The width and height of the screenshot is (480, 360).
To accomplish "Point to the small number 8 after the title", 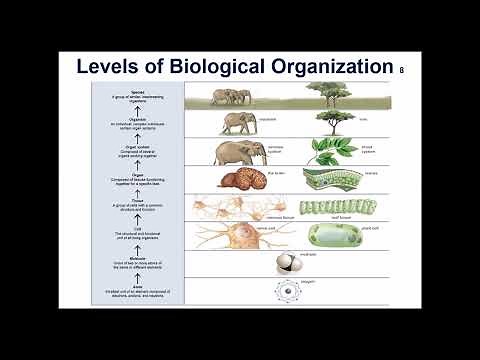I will (x=401, y=70).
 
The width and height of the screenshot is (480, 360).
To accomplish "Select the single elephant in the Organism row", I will (x=238, y=122).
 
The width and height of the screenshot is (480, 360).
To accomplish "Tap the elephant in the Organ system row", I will (x=239, y=152).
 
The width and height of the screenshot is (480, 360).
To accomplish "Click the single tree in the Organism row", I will (x=331, y=120).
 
